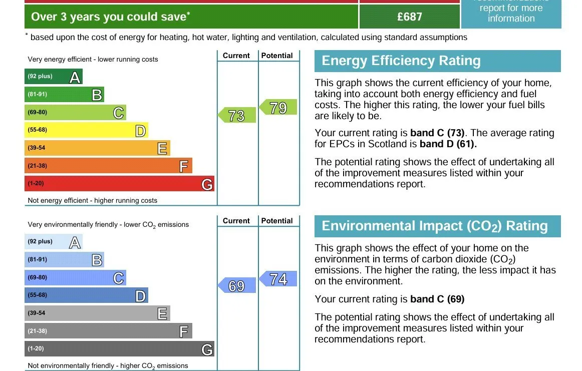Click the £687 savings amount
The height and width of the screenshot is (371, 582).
click(409, 17)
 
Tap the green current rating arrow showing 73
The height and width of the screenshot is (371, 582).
click(237, 115)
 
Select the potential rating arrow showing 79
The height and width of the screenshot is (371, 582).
click(278, 107)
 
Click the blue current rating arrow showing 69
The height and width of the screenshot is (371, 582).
click(237, 285)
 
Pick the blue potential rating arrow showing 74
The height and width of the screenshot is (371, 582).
click(278, 278)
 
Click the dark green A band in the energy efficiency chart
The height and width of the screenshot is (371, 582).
click(54, 77)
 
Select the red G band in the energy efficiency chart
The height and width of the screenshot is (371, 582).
click(120, 184)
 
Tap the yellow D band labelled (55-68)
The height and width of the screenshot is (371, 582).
click(87, 130)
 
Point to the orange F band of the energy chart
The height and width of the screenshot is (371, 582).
click(108, 166)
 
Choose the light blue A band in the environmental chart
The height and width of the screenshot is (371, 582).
click(54, 241)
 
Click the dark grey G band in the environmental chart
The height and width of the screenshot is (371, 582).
click(120, 349)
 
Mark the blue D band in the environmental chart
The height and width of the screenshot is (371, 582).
click(87, 295)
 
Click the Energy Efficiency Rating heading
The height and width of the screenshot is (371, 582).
click(401, 61)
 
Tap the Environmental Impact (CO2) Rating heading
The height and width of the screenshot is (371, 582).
click(435, 226)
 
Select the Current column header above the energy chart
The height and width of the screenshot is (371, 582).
click(236, 56)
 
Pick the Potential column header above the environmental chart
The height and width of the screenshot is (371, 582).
click(277, 221)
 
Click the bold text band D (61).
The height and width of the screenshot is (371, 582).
click(448, 144)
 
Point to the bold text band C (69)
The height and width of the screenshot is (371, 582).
click(437, 299)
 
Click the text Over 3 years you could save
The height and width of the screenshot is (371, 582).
click(110, 17)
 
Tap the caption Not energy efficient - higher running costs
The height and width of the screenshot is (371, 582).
click(93, 201)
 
